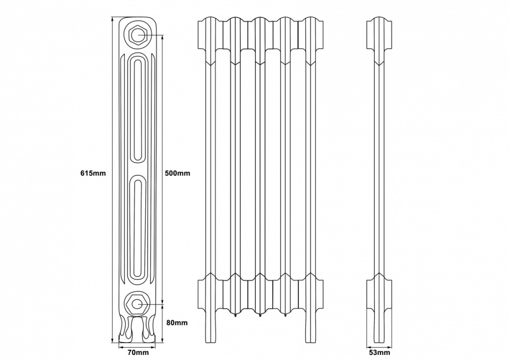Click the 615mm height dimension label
click(93, 173)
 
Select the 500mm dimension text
click(177, 173)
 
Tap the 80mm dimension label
click(176, 323)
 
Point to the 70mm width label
click(138, 352)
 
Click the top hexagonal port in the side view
click(138, 35)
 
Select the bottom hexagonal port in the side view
click(137, 304)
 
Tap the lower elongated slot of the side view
click(138, 227)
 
